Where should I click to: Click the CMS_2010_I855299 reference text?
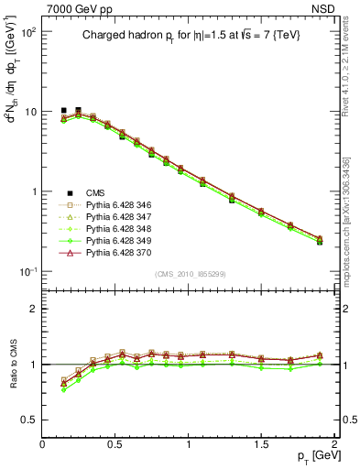click(190, 274)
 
